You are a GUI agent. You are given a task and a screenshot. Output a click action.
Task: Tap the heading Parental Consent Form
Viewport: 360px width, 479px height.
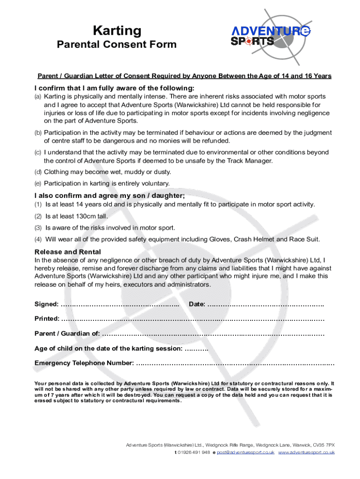(x=117, y=45)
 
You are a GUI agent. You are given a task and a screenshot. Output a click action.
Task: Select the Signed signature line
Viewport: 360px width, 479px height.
(x=120, y=305)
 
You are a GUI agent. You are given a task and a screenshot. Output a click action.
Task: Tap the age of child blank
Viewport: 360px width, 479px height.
(x=196, y=349)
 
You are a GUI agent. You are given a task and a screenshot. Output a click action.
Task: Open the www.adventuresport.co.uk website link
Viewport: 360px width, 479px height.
(x=306, y=453)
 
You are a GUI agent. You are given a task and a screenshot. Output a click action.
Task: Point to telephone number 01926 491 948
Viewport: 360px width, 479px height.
(x=193, y=453)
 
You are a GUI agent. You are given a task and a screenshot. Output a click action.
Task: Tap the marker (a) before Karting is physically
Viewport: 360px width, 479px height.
(x=38, y=96)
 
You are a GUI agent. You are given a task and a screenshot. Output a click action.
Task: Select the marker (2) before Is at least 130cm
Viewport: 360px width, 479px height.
(x=38, y=216)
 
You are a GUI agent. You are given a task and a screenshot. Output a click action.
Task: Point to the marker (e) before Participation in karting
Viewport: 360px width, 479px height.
(x=38, y=183)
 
